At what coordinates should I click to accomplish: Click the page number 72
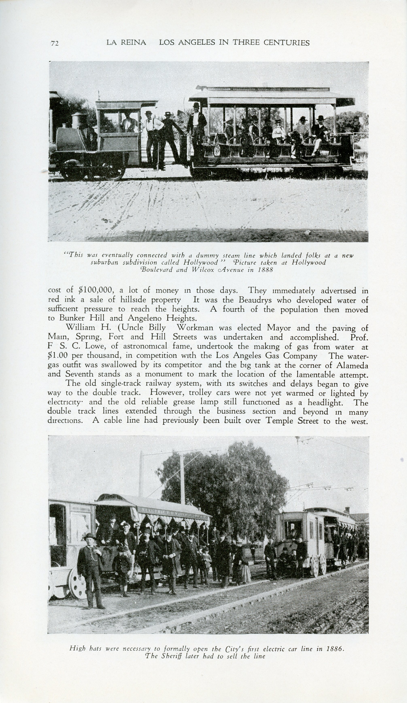click(x=55, y=43)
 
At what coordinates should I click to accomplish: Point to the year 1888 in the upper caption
click(x=265, y=270)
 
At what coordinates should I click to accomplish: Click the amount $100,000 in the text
click(x=96, y=290)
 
